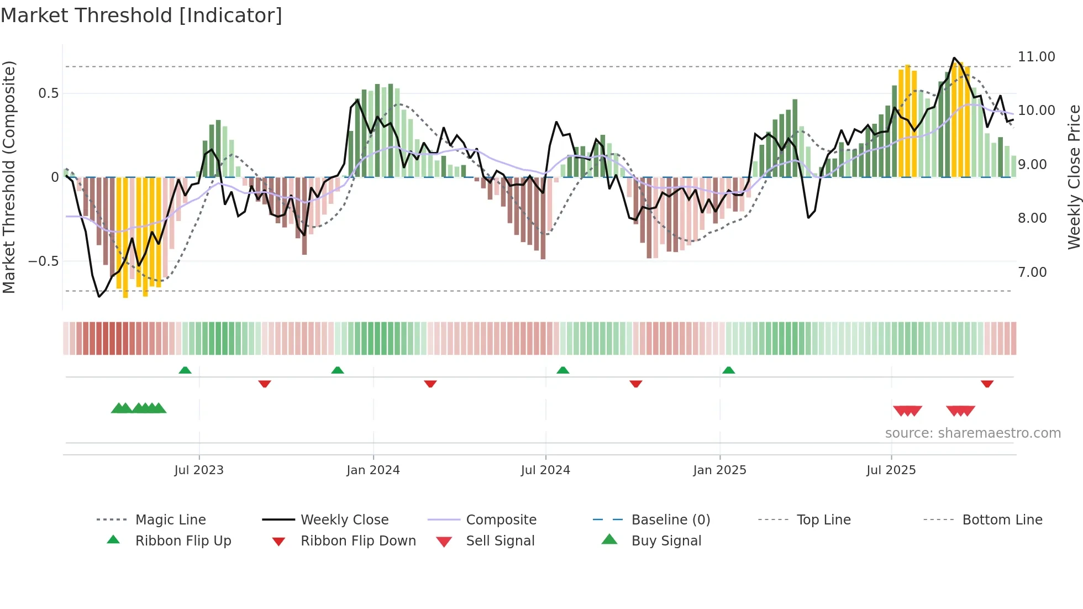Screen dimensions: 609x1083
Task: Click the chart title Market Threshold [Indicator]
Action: [x=141, y=15]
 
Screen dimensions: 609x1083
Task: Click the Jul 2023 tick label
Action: [x=199, y=470]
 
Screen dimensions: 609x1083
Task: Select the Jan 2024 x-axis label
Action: [x=373, y=470]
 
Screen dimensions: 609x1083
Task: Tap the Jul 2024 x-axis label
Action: [x=545, y=470]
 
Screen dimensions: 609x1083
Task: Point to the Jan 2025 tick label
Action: [x=719, y=470]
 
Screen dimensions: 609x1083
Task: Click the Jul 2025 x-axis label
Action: [x=891, y=470]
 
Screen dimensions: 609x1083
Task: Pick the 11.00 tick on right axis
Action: [x=1036, y=57]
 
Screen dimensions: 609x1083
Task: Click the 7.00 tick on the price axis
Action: [x=1032, y=272]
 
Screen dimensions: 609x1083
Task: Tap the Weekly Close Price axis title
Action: [x=1074, y=177]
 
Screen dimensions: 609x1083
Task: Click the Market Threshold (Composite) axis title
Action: [x=9, y=177]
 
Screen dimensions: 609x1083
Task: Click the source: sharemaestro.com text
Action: [x=972, y=433]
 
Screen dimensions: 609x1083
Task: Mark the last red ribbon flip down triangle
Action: [x=987, y=384]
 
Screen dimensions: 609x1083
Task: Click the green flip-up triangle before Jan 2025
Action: [x=728, y=370]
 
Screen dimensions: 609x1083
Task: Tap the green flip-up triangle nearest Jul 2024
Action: [x=562, y=370]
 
